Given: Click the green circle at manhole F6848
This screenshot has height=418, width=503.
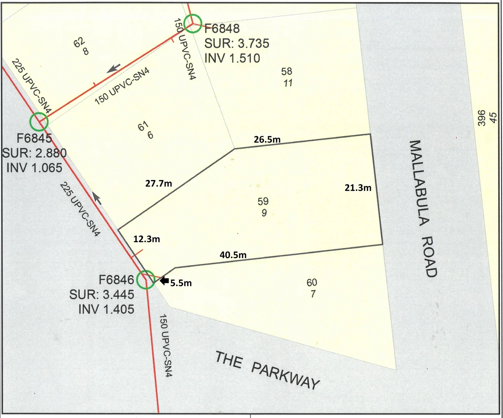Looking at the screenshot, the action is click(x=192, y=24).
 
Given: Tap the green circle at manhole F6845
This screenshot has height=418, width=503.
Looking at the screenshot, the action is click(x=39, y=122).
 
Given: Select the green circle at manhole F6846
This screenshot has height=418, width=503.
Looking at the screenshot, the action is click(x=146, y=279).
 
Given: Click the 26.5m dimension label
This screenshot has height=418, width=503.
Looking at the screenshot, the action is click(x=267, y=139).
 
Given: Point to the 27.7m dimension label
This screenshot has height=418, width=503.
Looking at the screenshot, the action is click(x=159, y=183).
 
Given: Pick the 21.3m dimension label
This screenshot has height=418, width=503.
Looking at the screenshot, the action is click(x=358, y=188).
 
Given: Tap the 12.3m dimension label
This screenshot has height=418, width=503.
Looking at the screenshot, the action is click(x=147, y=239).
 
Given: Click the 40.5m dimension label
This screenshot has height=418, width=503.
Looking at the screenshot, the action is click(x=233, y=255).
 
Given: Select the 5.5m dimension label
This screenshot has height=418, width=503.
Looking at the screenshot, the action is click(x=181, y=283).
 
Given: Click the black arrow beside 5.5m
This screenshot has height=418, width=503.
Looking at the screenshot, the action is click(x=164, y=281).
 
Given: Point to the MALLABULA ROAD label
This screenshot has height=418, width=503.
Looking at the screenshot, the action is click(x=423, y=209).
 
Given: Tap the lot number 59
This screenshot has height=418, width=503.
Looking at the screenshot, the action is click(x=263, y=201).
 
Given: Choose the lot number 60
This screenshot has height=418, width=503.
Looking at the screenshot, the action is click(x=312, y=283).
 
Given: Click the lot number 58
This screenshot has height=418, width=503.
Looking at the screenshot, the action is click(x=287, y=71).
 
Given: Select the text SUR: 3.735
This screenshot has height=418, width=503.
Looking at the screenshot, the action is click(x=237, y=43).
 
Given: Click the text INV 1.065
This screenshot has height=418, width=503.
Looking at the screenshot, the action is click(x=34, y=168).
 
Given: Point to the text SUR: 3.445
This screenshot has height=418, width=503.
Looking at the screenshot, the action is click(x=102, y=295).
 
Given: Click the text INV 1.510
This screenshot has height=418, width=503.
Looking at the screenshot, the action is click(x=232, y=58).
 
